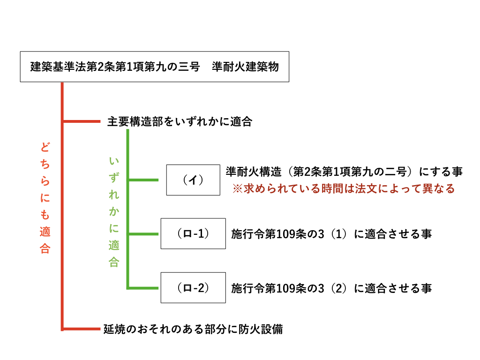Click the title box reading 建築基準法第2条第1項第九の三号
point(154,67)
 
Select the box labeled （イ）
point(193,180)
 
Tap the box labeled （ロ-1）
point(193,233)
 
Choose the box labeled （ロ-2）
point(193,287)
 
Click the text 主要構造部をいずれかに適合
point(180,122)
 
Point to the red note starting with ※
point(345,189)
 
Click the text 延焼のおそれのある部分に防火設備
point(193,329)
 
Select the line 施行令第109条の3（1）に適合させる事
point(331,234)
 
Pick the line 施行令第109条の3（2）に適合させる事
point(331,288)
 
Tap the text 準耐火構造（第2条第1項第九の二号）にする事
point(344,172)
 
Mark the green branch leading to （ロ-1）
point(143,233)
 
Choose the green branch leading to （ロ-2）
point(143,287)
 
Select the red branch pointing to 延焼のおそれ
point(82,329)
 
